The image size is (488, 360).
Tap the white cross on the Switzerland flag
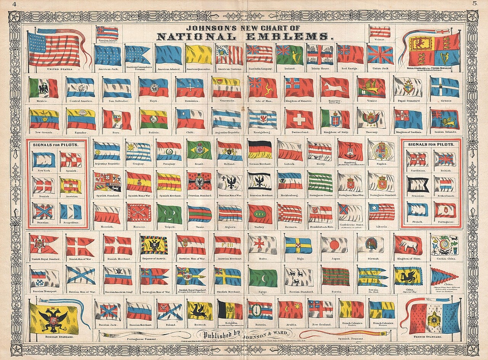[299, 120]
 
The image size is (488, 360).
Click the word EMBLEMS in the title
[293, 37]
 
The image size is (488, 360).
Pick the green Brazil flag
[199, 150]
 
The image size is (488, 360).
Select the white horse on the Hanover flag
[334, 88]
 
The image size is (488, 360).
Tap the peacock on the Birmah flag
[369, 244]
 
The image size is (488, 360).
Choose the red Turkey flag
[261, 214]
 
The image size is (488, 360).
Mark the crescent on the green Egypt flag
[263, 277]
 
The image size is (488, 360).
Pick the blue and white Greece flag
[445, 87]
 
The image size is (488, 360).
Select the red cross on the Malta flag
[262, 244]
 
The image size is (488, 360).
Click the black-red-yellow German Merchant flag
[260, 150]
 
